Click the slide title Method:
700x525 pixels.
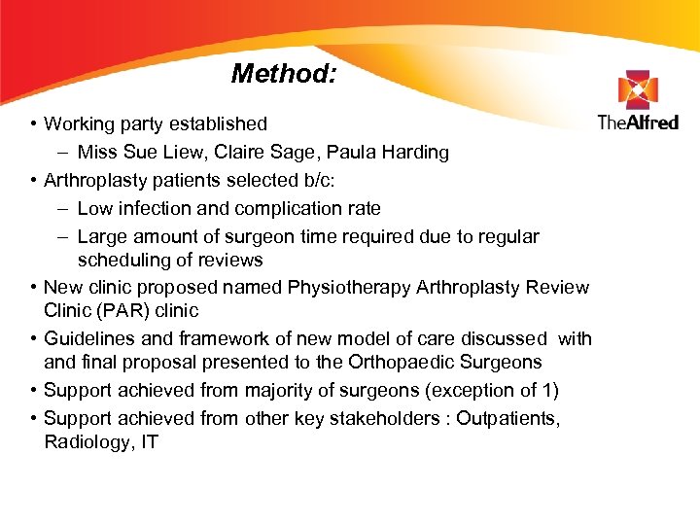pos(284,74)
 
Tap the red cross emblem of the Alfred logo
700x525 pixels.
pos(637,90)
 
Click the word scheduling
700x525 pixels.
pos(121,260)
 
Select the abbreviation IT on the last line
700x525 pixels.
pos(149,442)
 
